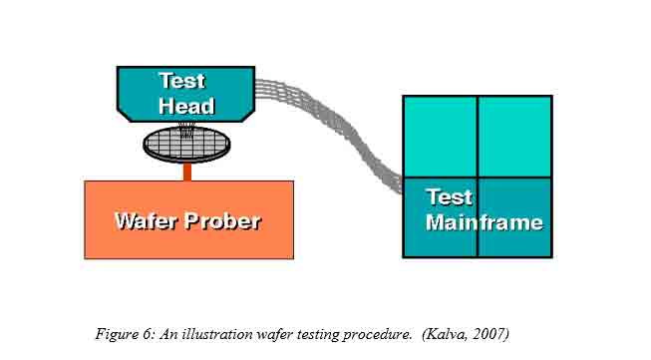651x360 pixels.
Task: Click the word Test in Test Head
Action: [180, 81]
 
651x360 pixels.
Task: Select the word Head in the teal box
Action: [186, 105]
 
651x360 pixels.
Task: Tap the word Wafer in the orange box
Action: [146, 220]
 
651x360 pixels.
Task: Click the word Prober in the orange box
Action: [224, 220]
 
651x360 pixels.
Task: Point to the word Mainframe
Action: [485, 221]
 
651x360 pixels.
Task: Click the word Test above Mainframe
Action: [450, 196]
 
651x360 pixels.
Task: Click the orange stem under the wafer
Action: [186, 172]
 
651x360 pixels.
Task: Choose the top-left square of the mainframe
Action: [439, 136]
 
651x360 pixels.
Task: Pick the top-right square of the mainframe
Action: [514, 136]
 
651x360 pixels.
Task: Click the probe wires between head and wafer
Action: [186, 127]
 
